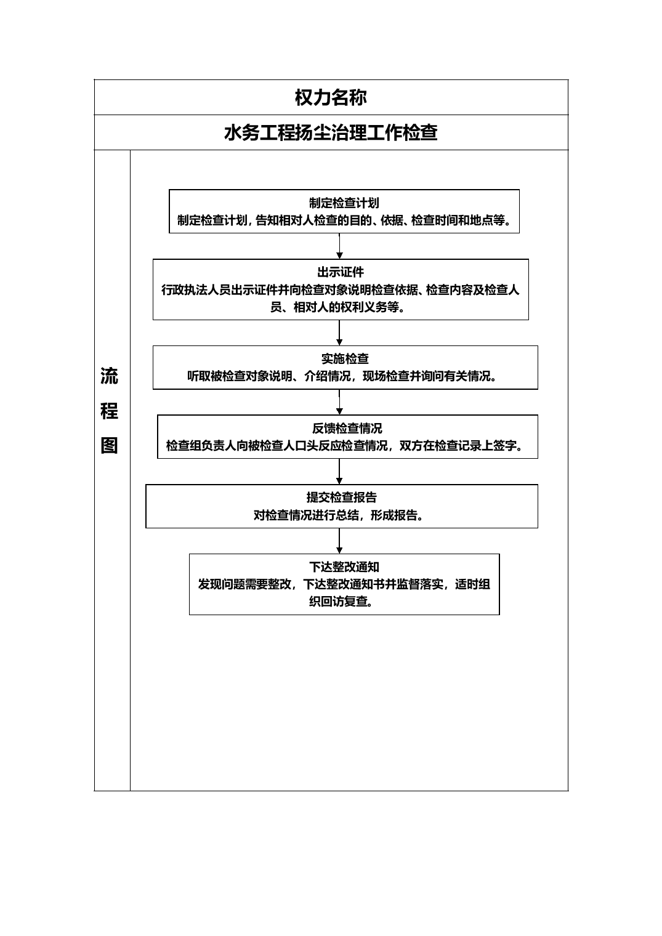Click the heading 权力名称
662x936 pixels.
(331, 97)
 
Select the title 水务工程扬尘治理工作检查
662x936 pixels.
(331, 132)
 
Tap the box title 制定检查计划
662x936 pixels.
(344, 203)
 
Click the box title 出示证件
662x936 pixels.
(341, 272)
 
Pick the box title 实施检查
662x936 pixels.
(345, 358)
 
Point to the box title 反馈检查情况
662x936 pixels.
(347, 429)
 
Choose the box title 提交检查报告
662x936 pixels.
(341, 498)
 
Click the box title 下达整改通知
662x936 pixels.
(344, 567)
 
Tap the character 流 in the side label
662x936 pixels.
(109, 376)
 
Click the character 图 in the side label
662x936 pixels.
(109, 445)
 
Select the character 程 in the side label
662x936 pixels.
(109, 411)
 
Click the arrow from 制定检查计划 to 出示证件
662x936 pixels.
(339, 246)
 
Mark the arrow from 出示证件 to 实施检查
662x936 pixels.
(339, 333)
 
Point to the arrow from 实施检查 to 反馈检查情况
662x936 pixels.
(339, 402)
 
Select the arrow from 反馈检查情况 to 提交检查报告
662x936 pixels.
(339, 471)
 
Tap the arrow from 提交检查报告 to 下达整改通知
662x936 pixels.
(339, 541)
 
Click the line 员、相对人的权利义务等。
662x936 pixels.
(338, 307)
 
